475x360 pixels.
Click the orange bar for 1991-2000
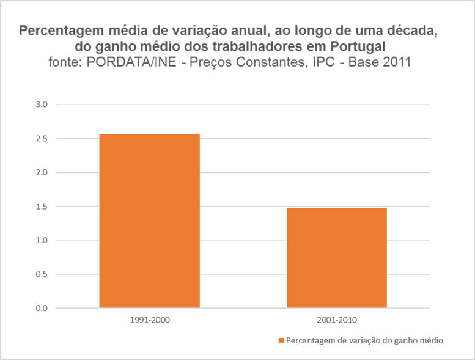coord(149,221)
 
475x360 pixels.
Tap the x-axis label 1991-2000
coord(149,320)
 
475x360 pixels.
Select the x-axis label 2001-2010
coord(336,320)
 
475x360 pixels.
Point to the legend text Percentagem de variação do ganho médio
coord(364,340)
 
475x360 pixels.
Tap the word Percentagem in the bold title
coord(59,31)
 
